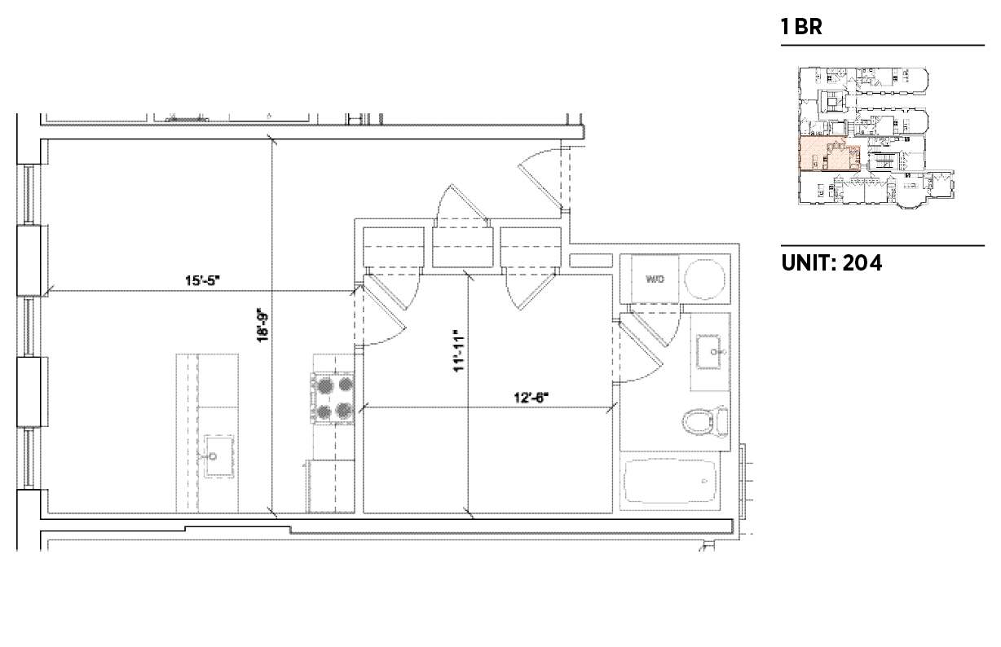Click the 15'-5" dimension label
coord(202,280)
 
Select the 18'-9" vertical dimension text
coord(263,325)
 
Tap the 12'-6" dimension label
coord(531,397)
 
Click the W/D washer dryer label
coord(655,279)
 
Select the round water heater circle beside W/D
coord(704,279)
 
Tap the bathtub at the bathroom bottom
coord(670,482)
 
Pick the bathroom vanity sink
coord(715,351)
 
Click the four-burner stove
coord(333,397)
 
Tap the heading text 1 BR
coord(800,27)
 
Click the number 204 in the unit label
coord(862,262)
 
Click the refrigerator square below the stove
coord(330,486)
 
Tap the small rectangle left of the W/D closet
coord(590,261)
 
